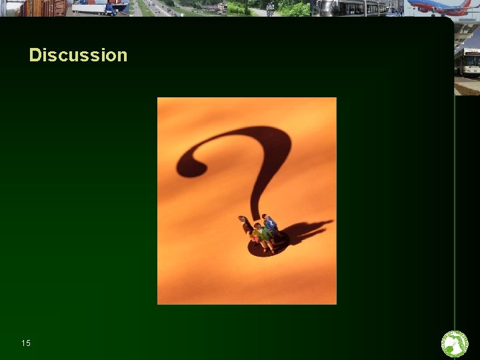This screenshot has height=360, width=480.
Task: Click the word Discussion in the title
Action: click(78, 55)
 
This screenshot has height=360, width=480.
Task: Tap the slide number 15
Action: click(26, 343)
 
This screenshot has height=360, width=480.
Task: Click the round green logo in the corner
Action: click(455, 344)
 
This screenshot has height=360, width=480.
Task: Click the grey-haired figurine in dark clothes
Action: click(245, 225)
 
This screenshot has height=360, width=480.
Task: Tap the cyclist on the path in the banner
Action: click(270, 9)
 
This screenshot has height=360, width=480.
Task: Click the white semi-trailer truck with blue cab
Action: click(100, 7)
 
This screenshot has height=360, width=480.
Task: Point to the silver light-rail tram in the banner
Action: click(347, 8)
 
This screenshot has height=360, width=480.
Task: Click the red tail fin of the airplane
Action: click(466, 3)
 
